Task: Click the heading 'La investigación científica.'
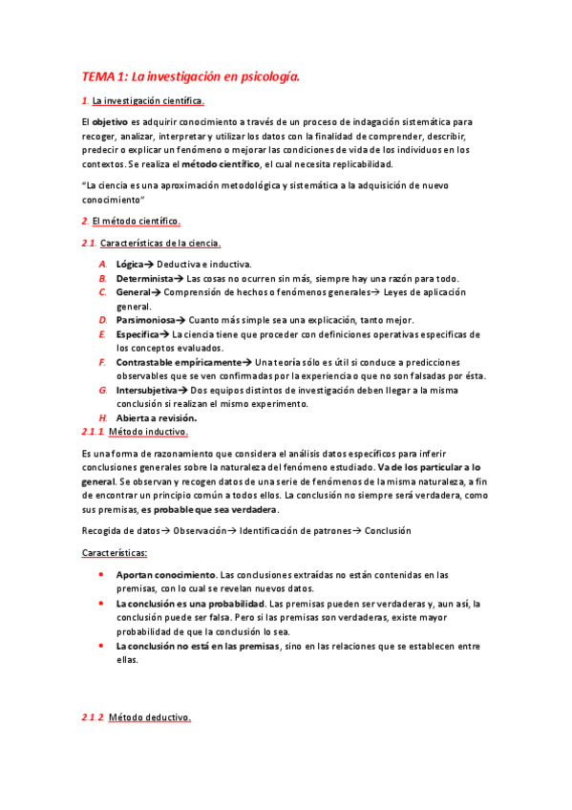[x=148, y=101]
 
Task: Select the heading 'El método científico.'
[x=137, y=222]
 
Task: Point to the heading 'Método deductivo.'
[x=150, y=717]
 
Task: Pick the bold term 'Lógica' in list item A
[x=130, y=264]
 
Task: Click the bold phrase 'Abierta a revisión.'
[x=157, y=417]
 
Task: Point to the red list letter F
[x=102, y=362]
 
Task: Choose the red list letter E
[x=102, y=334]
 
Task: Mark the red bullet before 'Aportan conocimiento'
[x=102, y=576]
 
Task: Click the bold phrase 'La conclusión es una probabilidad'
[x=190, y=604]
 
